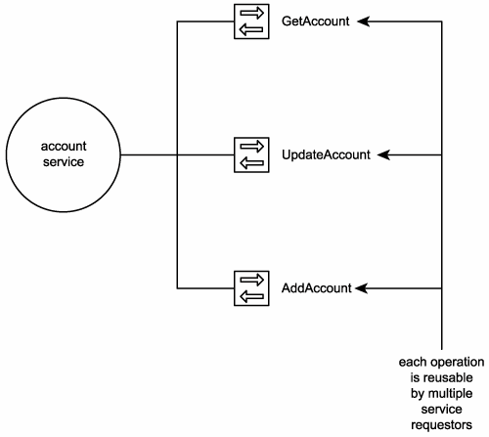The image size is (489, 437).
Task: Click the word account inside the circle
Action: (x=64, y=146)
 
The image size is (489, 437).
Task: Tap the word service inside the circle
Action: (x=64, y=162)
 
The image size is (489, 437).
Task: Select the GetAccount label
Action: (x=315, y=22)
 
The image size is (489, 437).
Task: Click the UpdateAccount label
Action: (x=326, y=154)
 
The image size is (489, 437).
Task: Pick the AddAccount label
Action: (x=317, y=288)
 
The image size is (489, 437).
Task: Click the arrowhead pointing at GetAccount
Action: (x=363, y=22)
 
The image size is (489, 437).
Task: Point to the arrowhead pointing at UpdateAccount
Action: (x=383, y=154)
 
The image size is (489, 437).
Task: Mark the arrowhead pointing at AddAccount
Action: (x=361, y=288)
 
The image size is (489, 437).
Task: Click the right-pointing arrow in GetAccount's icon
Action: (x=251, y=14)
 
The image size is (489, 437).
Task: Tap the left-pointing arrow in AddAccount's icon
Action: (x=251, y=296)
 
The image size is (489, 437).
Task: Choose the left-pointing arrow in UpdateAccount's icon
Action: (x=251, y=163)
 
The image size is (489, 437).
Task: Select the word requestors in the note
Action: (x=441, y=425)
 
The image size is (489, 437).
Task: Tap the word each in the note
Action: (x=411, y=362)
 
